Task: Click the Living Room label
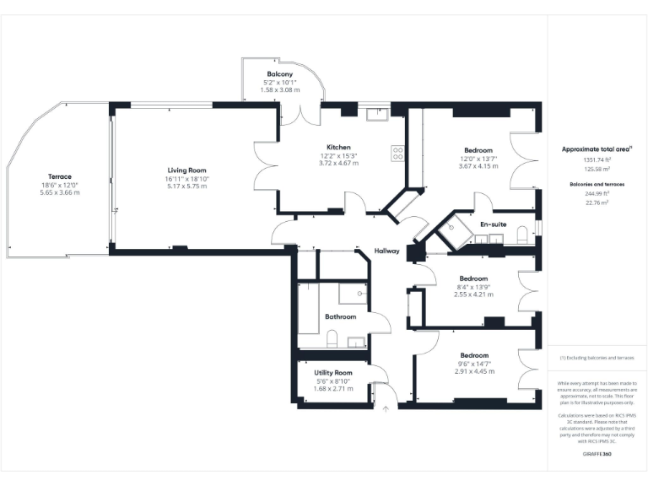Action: click(x=181, y=170)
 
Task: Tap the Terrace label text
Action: click(x=59, y=176)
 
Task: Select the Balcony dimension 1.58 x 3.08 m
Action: click(x=279, y=89)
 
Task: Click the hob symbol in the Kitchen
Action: click(x=397, y=154)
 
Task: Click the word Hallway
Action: click(x=387, y=251)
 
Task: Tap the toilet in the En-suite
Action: click(x=522, y=234)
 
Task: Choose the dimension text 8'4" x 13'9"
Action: click(x=473, y=287)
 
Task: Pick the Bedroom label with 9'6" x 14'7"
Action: click(x=473, y=355)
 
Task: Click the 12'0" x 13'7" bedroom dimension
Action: click(x=478, y=159)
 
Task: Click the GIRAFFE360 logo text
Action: click(x=597, y=455)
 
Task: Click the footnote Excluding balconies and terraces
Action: click(x=597, y=358)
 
